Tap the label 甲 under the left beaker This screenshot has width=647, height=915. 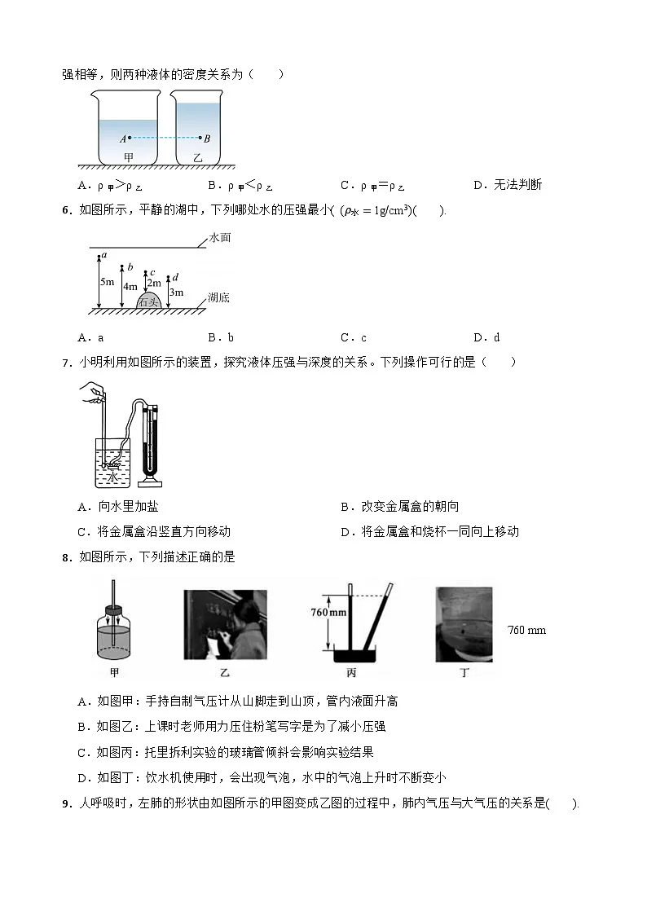coord(128,156)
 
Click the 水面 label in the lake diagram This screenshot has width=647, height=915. coord(220,239)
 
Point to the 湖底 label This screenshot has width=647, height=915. coord(218,297)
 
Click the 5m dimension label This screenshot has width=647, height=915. coord(107,281)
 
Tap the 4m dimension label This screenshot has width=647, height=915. coord(130,287)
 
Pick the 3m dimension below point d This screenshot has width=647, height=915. coord(176,293)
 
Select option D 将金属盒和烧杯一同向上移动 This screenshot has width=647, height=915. coord(429,531)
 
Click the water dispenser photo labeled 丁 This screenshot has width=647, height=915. coord(464,623)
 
